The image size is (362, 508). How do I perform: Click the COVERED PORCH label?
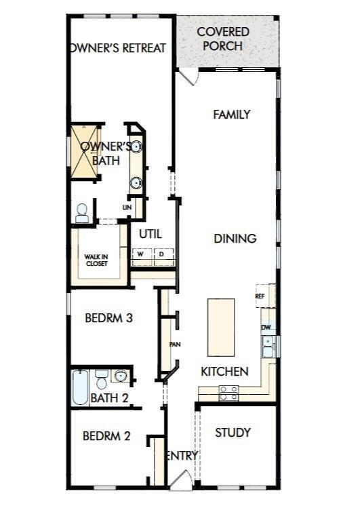coord(223,39)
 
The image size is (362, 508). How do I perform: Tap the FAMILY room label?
coord(232,115)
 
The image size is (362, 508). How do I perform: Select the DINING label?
coord(235,239)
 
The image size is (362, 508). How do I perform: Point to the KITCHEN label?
coord(224,372)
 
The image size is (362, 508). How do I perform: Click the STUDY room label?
coord(233,433)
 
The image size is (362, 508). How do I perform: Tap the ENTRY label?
coord(182,456)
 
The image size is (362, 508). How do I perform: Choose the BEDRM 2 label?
coord(106,436)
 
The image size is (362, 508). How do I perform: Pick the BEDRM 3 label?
coord(108,317)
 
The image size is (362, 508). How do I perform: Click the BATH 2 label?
coord(109,398)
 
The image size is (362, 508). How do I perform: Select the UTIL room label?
coord(150,233)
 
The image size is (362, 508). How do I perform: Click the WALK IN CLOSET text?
coord(97,260)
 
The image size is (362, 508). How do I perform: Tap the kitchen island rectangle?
coord(221,328)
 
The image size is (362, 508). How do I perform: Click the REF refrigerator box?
coord(260,296)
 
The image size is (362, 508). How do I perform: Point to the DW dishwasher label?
coord(266,327)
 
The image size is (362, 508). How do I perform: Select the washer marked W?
coord(141,255)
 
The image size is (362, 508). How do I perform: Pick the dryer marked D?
coord(162,255)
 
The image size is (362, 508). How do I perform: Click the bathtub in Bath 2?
coord(80,387)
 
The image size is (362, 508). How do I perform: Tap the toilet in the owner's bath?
coord(82,214)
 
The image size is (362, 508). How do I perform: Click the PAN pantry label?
coord(174,344)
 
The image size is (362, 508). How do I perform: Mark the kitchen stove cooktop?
coord(228,393)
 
